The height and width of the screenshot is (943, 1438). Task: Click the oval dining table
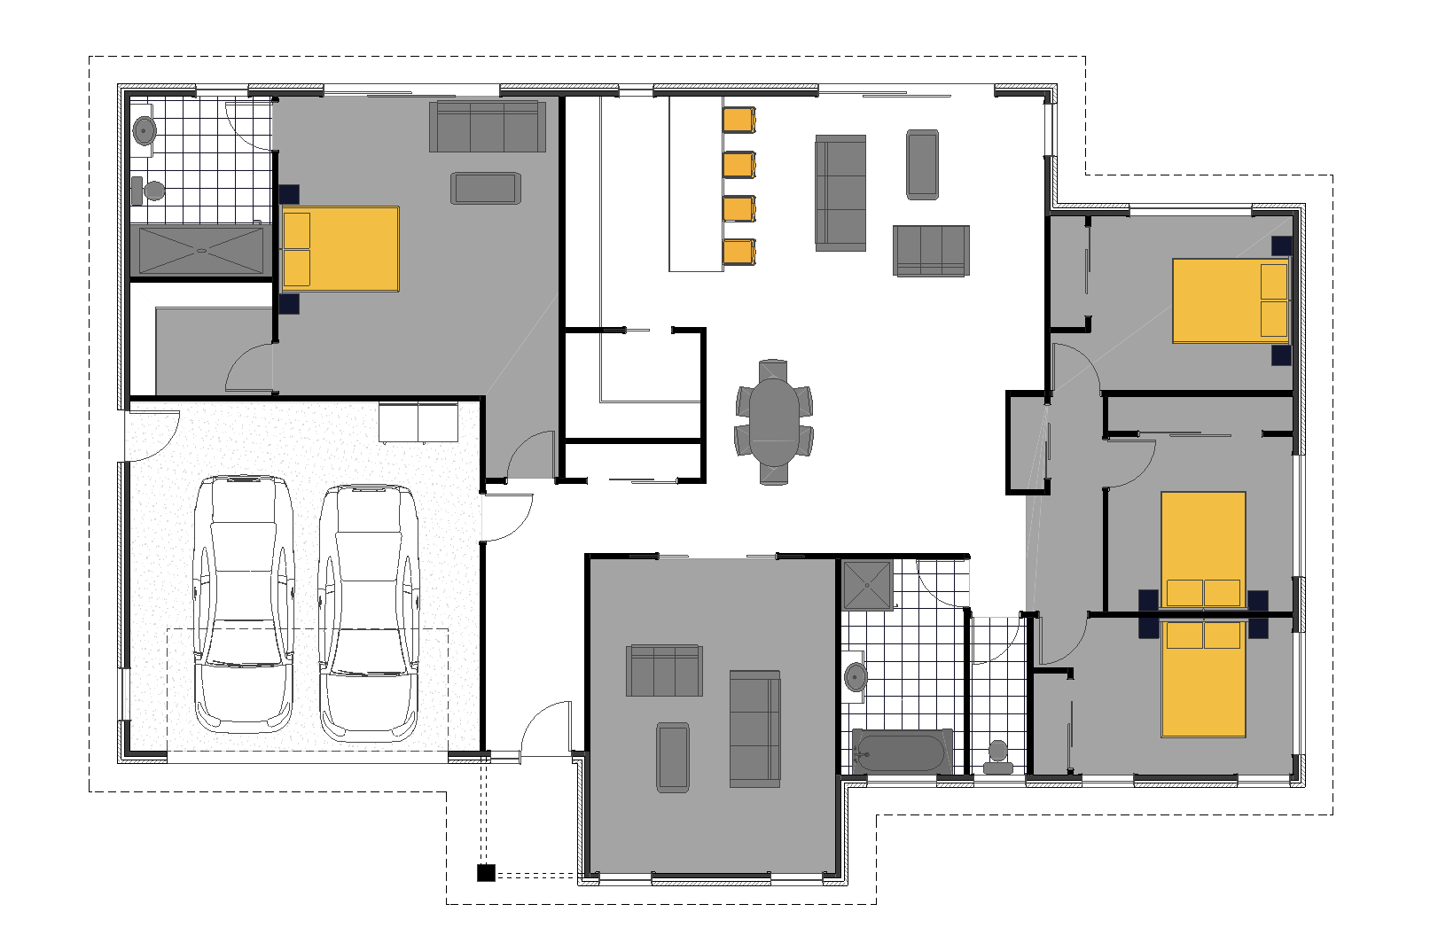pyautogui.click(x=774, y=422)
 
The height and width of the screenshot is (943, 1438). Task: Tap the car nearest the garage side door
pyautogui.click(x=244, y=603)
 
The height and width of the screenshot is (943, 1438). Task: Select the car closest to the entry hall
pyautogui.click(x=368, y=612)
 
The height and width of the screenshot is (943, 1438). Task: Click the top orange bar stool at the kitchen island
pyautogui.click(x=739, y=120)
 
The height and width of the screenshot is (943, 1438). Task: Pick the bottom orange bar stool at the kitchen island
pyautogui.click(x=739, y=252)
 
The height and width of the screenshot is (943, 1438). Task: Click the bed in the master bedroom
pyautogui.click(x=340, y=249)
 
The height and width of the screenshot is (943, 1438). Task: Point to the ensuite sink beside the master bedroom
pyautogui.click(x=144, y=131)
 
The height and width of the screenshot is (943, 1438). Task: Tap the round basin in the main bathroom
pyautogui.click(x=856, y=678)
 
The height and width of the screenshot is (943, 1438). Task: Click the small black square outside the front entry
pyautogui.click(x=486, y=873)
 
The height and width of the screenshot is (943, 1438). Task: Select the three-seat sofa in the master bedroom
pyautogui.click(x=487, y=127)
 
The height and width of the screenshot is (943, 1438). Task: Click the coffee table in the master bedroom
pyautogui.click(x=485, y=188)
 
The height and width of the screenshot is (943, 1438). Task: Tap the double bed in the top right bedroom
pyautogui.click(x=1231, y=300)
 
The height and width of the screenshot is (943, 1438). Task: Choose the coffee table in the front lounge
pyautogui.click(x=673, y=757)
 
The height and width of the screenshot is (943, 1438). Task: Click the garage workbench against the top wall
pyautogui.click(x=418, y=422)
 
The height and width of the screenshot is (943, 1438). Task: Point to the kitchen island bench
pyautogui.click(x=695, y=183)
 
